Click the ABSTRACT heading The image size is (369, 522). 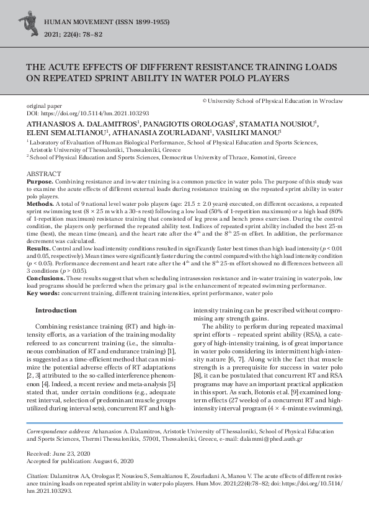pyautogui.click(x=43, y=174)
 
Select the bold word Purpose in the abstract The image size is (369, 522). pyautogui.click(x=39, y=180)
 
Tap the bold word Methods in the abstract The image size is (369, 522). pyautogui.click(x=40, y=203)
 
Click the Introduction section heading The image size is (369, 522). pyautogui.click(x=56, y=310)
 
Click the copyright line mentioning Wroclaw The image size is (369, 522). pyautogui.click(x=273, y=100)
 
